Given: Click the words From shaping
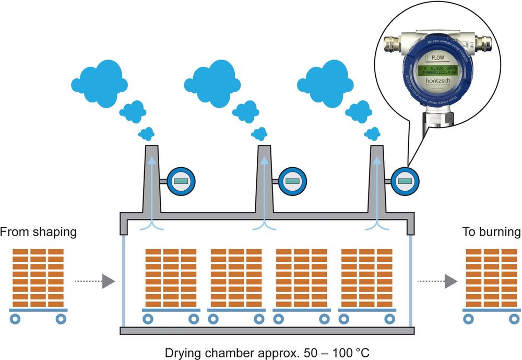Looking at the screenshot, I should click(x=38, y=232).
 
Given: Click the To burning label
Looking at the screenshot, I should click(x=491, y=232).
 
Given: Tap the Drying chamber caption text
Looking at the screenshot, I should click(x=267, y=352).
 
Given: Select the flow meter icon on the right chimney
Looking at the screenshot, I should click(x=405, y=181).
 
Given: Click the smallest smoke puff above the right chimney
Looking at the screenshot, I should click(x=372, y=134).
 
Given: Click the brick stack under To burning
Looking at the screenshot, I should click(x=491, y=277).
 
